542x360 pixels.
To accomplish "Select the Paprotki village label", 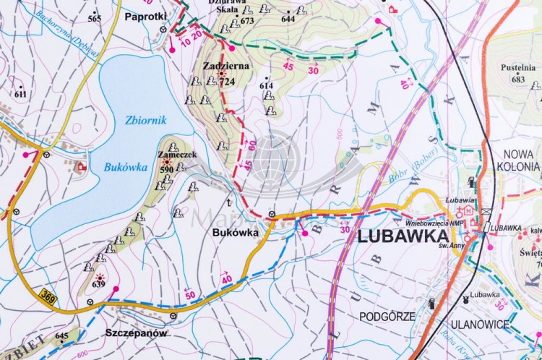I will [145, 16].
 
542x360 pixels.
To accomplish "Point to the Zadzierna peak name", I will [226, 65].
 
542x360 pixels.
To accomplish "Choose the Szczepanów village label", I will [136, 333].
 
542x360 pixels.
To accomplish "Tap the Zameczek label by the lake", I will [173, 155].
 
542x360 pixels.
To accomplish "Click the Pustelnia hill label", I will [517, 68].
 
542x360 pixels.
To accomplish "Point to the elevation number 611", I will [20, 94].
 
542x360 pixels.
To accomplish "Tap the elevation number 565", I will [95, 18].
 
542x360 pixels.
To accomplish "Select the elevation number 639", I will [98, 284].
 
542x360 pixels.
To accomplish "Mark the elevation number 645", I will [61, 335].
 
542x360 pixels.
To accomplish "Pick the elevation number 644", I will [288, 19].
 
